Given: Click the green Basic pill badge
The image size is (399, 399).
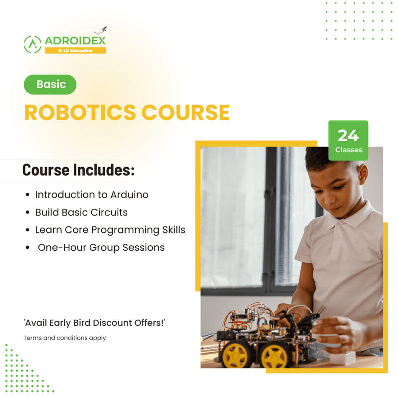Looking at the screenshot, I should click(50, 84).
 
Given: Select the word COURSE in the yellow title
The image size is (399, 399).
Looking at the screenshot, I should click(192, 113).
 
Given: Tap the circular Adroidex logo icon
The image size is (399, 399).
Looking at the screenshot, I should click(32, 44).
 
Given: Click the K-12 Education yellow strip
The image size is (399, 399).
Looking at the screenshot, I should click(75, 50).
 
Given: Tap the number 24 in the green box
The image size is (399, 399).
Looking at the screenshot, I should click(348, 135).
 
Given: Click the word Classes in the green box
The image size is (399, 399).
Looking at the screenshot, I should click(349, 150).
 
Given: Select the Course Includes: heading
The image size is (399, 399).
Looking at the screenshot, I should click(78, 170).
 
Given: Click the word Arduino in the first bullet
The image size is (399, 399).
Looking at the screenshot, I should click(129, 195).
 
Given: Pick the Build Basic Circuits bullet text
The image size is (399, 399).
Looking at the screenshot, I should click(81, 212).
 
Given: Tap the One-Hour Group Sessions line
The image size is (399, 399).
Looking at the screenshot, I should click(101, 247).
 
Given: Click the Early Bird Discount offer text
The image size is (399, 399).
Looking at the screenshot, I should click(94, 323).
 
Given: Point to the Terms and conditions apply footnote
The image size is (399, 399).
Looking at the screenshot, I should click(65, 338).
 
